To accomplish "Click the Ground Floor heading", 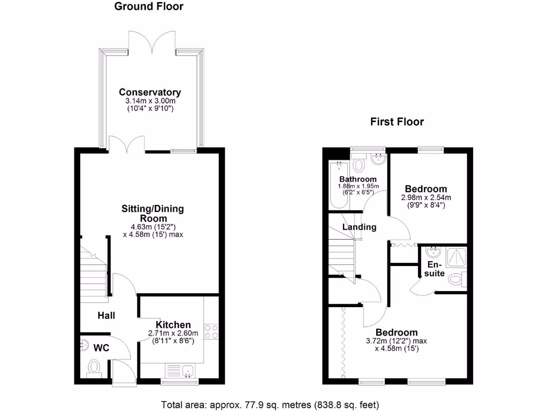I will click(149, 7).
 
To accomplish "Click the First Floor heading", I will click(397, 122).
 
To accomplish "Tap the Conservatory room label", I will click(150, 92).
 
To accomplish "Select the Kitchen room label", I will click(173, 325).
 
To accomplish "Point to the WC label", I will click(102, 348).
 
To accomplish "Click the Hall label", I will click(106, 316).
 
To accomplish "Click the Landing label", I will click(360, 227).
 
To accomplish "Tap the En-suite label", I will click(436, 269).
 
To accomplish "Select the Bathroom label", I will click(358, 179).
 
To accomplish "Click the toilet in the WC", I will click(95, 368).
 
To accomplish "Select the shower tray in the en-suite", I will click(455, 258).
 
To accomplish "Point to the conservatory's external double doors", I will click(152, 42).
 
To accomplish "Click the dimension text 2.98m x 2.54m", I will click(425, 197).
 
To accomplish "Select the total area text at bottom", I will click(270, 404).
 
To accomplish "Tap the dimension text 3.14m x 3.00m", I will click(150, 101).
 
